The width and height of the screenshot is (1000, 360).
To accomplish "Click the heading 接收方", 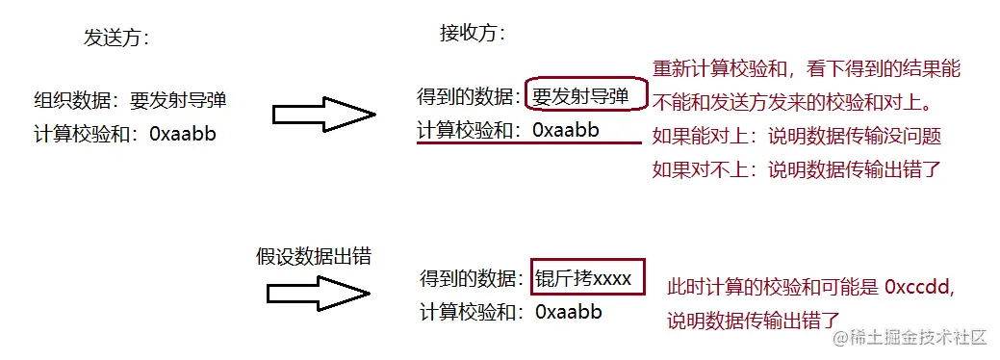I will pos(472,34).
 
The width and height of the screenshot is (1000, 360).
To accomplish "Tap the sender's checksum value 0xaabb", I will pos(183,134).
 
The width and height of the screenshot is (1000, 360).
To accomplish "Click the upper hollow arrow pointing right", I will pos(323,115).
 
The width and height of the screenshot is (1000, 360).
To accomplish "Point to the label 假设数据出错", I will pos(313,256).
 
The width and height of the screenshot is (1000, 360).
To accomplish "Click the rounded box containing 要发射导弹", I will pos(581,96).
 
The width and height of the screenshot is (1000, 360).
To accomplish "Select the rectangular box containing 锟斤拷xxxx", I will pos(585,278).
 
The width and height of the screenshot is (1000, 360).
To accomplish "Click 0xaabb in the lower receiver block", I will pos(568,311).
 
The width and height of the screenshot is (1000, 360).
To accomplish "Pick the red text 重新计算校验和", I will pos(717,69).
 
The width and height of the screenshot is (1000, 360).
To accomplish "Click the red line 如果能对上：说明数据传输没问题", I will pos(796,137).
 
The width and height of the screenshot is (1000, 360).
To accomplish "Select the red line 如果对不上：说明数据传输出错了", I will pos(796,170).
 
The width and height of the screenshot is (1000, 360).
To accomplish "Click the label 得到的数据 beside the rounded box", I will pos(469,96).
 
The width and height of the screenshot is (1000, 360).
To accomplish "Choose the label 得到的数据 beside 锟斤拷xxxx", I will pos(472,278).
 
